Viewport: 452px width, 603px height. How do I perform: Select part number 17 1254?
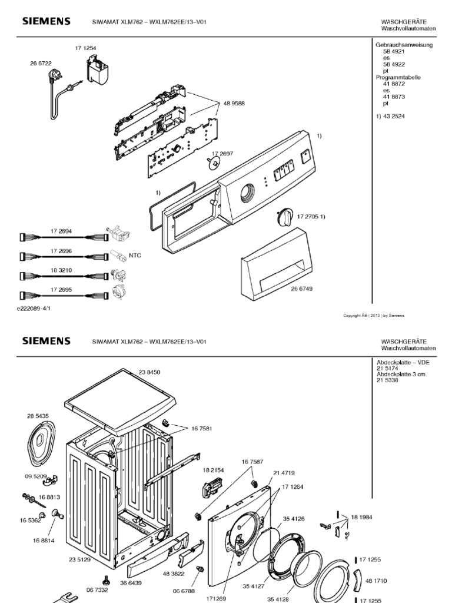coord(85,47)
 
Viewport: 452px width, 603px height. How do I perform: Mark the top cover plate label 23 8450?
coord(150,372)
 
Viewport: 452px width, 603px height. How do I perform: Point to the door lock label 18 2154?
coord(214,471)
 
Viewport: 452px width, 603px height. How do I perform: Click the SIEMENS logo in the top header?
coord(46,21)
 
